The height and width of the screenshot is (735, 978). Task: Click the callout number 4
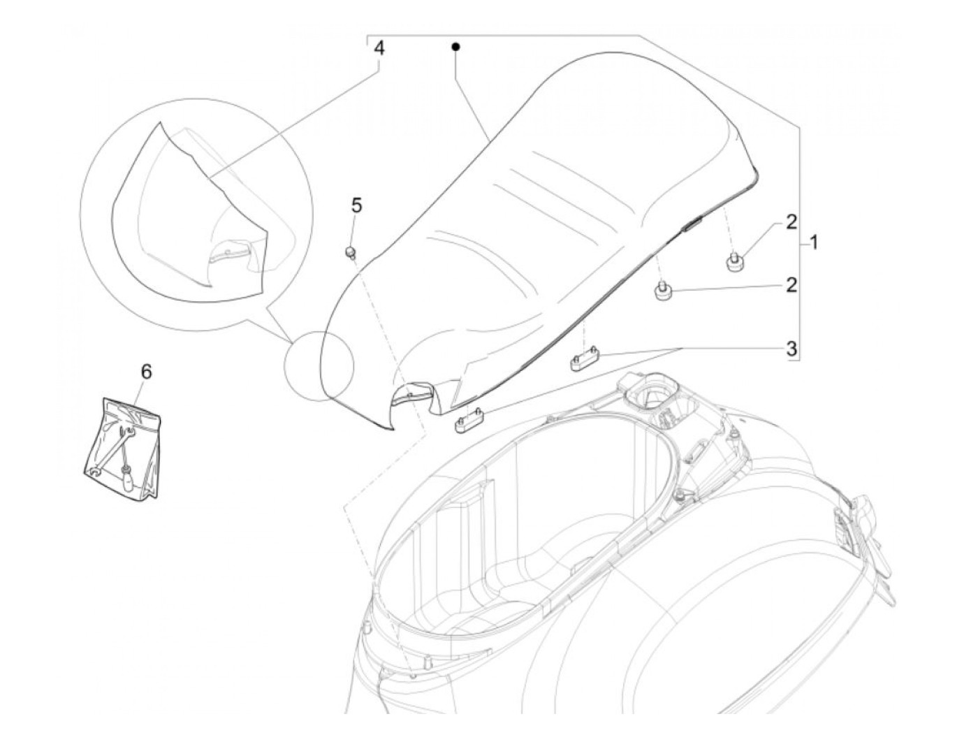379,48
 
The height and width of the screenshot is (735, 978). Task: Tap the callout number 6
146,371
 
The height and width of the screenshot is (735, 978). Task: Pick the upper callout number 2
791,222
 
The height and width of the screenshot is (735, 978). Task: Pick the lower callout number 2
791,285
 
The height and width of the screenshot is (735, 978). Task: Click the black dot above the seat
455,46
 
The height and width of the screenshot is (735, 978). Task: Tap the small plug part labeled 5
350,253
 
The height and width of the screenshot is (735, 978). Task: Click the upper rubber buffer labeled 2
733,261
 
